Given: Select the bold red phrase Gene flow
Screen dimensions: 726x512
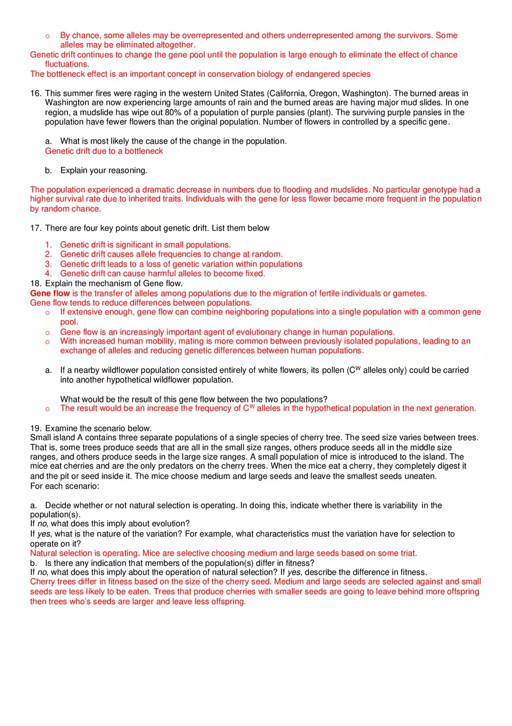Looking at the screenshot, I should (x=50, y=293).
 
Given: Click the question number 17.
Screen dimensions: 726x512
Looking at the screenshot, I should (x=36, y=228).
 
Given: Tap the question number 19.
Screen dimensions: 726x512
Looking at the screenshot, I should (x=36, y=428).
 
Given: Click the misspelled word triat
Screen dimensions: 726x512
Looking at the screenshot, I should (x=406, y=553).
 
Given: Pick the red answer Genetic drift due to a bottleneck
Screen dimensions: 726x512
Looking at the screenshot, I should (x=104, y=151).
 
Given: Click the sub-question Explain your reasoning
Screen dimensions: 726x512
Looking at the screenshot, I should (x=104, y=171).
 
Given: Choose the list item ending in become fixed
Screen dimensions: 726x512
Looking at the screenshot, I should (x=162, y=273).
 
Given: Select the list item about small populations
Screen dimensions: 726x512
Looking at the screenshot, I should (x=145, y=245).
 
